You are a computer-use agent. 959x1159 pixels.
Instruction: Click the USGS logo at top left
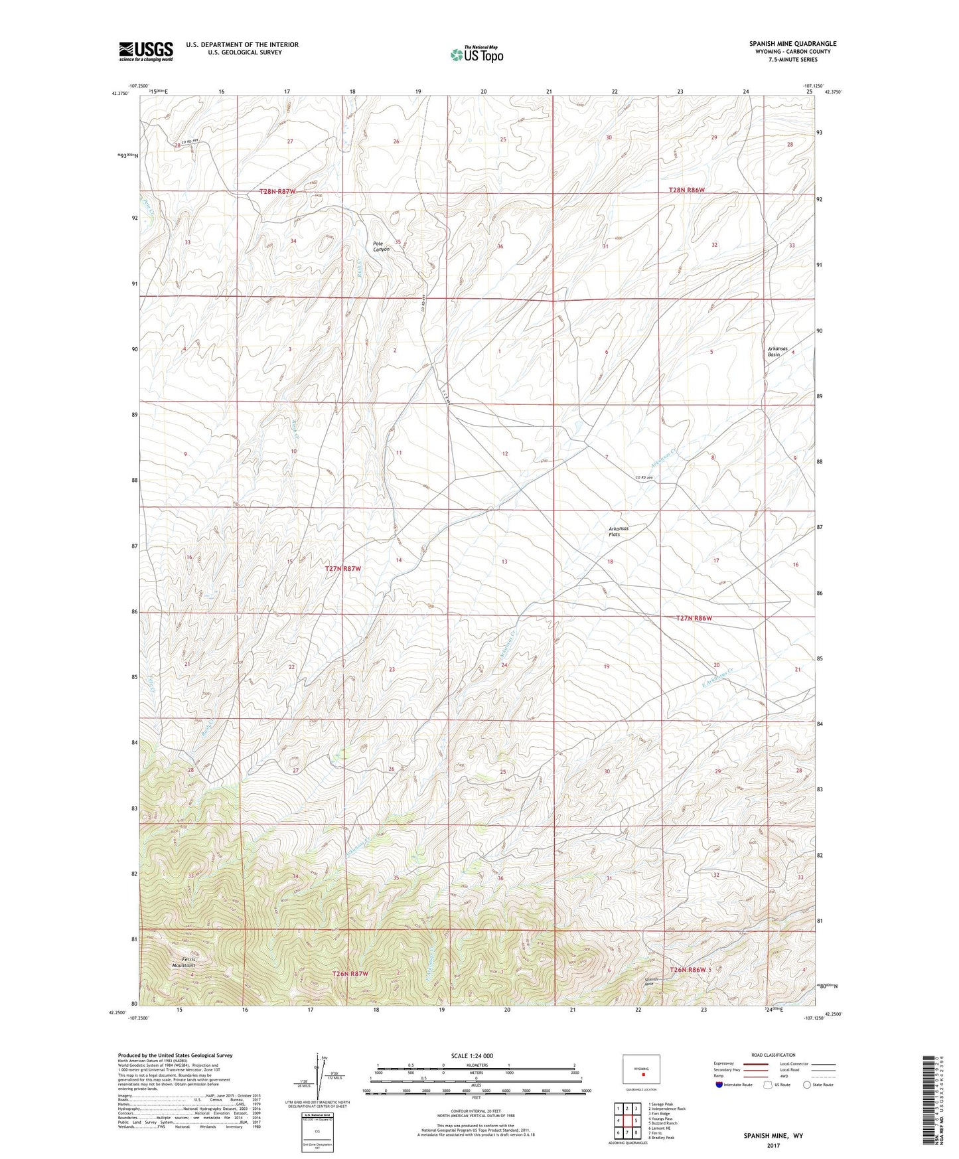tap(145, 51)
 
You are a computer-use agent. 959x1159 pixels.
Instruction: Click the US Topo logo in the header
tap(476, 54)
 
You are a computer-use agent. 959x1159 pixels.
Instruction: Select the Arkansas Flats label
tap(618, 531)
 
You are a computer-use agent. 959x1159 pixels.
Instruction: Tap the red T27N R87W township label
tap(343, 569)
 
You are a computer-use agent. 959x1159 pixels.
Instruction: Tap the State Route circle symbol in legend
tap(807, 1085)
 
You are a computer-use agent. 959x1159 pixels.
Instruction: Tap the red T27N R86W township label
tap(694, 618)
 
